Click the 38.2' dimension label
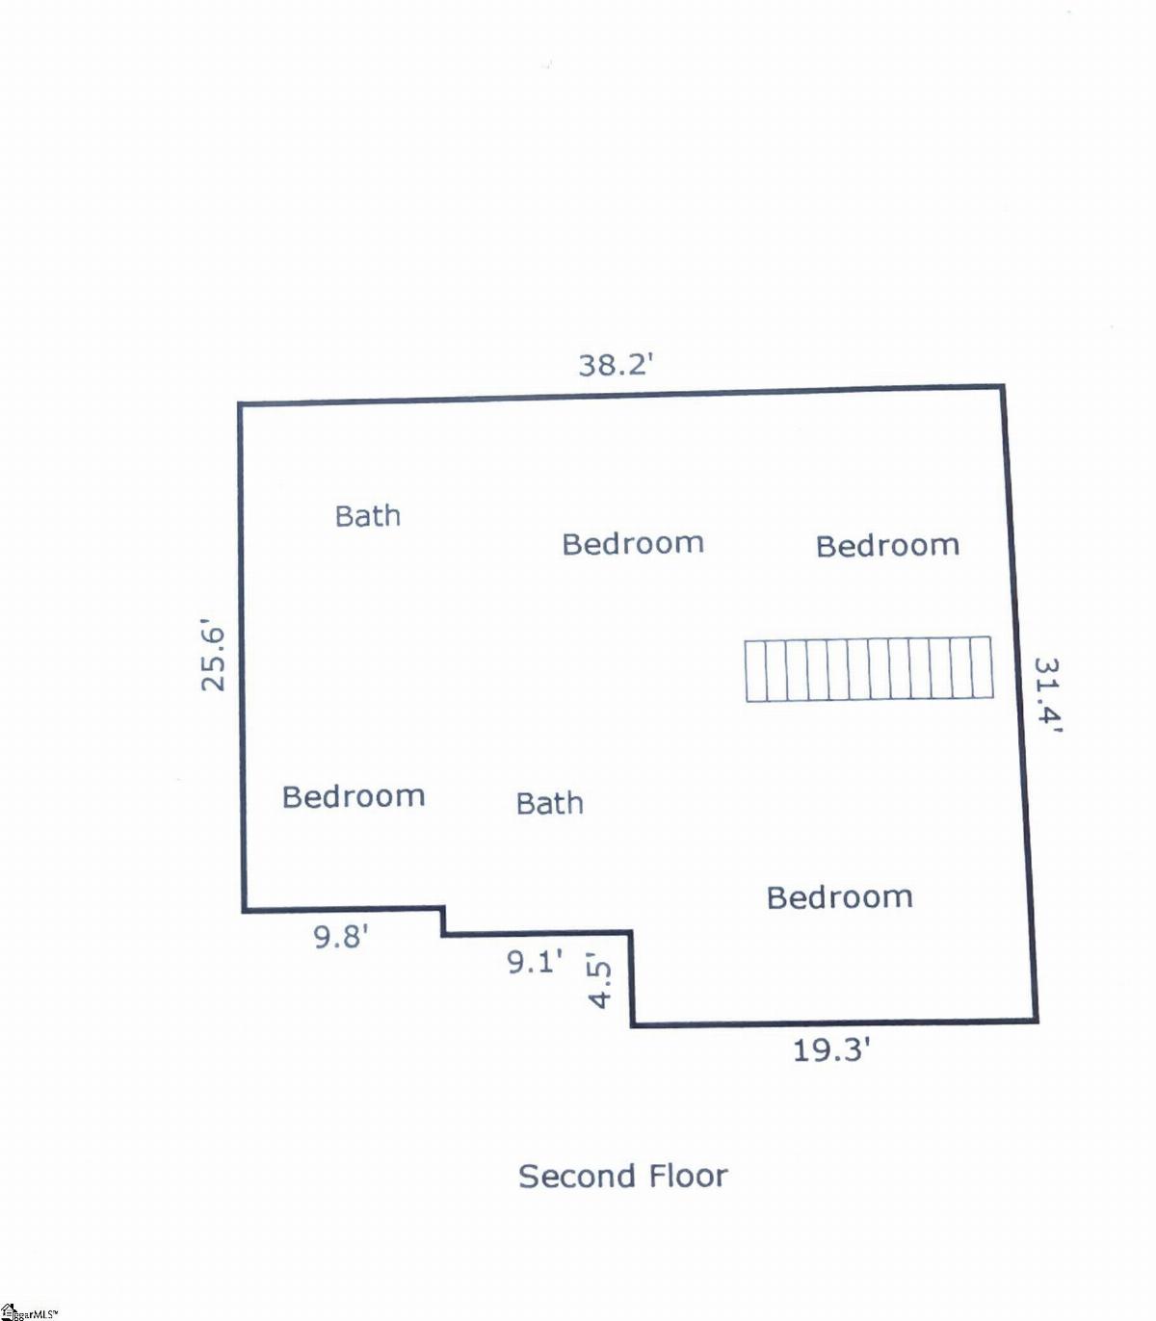[x=616, y=365]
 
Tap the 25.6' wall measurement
[x=213, y=659]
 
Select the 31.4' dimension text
[x=1047, y=695]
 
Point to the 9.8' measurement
[x=341, y=936]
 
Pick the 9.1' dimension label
[x=534, y=961]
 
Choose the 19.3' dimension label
[x=831, y=1049]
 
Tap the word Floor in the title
[x=689, y=1176]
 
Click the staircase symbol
[x=869, y=668]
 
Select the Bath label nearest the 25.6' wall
[x=367, y=516]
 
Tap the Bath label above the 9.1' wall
[x=550, y=803]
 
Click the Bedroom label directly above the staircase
[x=887, y=546]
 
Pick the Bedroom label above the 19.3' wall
[x=840, y=897]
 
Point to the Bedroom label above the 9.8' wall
[x=354, y=796]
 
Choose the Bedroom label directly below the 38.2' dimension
[x=633, y=544]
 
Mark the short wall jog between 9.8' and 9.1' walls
[x=443, y=920]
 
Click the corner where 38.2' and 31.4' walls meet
[x=1002, y=387]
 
